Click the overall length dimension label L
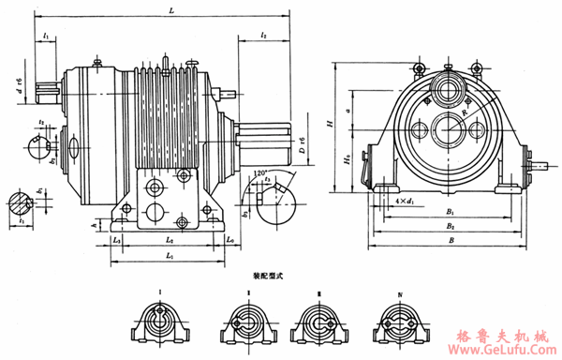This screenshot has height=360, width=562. coord(169,9)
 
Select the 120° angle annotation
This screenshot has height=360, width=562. coord(255,174)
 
